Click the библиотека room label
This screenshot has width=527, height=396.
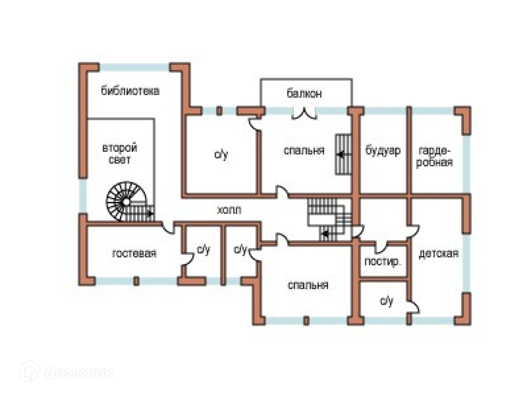130,91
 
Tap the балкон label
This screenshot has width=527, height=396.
304,94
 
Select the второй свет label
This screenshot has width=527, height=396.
119,153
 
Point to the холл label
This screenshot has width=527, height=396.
229,210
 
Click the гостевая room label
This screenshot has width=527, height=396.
134,253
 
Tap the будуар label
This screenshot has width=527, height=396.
383,151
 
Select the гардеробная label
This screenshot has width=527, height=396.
435,156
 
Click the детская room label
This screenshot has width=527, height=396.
438,253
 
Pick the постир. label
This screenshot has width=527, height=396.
383,262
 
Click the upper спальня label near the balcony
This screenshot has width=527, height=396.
304,151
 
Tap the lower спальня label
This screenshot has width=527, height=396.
308,285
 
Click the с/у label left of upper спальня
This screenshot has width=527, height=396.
221,155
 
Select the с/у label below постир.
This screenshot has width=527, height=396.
386,301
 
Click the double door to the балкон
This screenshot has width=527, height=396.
304,113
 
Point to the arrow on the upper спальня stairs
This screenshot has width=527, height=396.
341,155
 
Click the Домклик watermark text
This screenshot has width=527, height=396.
78,372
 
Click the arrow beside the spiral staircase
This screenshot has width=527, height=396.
150,214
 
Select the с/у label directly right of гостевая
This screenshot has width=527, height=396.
203,249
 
